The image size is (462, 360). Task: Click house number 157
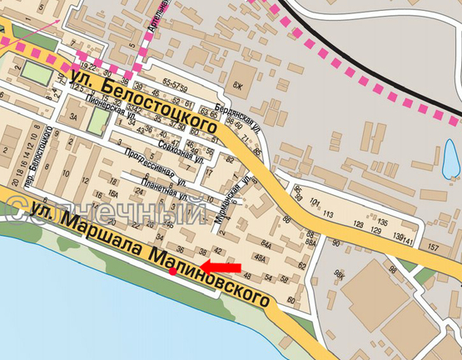click(x=432, y=247)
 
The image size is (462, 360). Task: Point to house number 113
click(x=328, y=214)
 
